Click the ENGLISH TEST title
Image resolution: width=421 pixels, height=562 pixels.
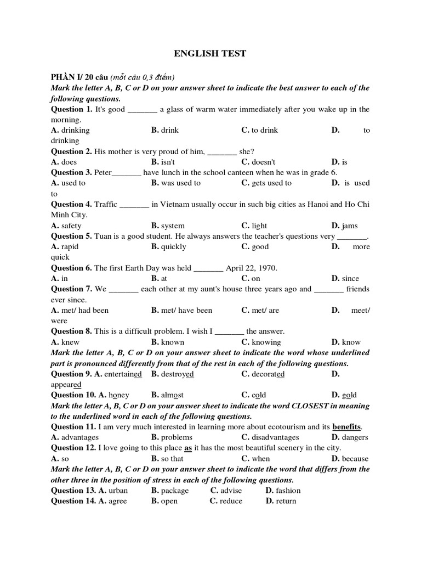coord(210,53)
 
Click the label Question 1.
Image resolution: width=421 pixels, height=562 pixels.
coord(72,109)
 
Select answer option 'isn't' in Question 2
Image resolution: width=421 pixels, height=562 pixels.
coord(168,162)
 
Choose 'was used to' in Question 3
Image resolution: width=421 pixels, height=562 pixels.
coord(181,183)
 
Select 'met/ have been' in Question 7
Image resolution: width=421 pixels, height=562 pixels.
coord(186,310)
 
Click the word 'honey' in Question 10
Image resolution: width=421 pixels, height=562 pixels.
coord(119,395)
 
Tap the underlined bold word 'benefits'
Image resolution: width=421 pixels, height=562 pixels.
coord(347,426)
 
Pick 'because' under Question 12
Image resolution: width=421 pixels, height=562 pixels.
coord(355,458)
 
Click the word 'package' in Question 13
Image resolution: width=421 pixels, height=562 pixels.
coord(175,490)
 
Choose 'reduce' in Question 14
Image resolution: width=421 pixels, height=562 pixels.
coord(231,501)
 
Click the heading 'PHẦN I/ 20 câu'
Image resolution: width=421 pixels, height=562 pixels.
coord(79,77)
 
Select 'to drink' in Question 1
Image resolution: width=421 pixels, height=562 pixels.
coord(264,130)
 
